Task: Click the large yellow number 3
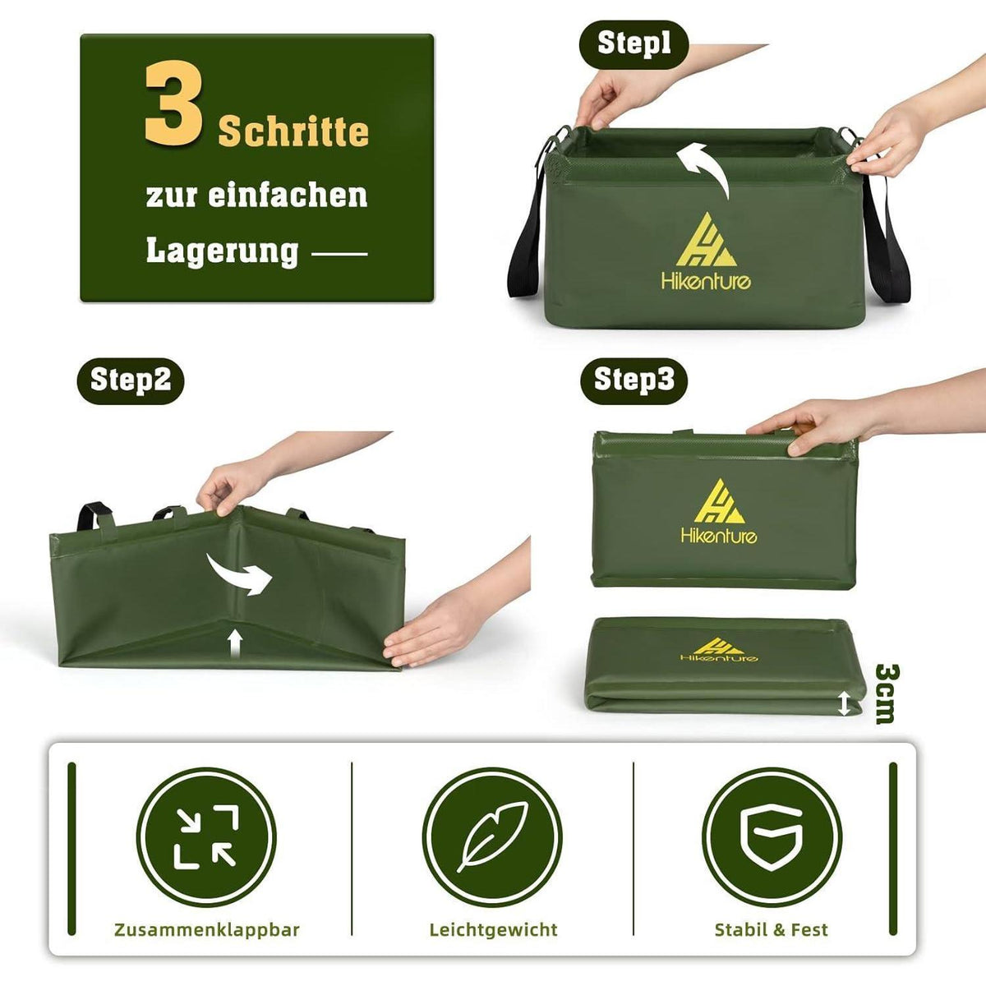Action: (x=173, y=105)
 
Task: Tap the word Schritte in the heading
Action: (x=293, y=132)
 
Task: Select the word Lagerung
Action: (x=222, y=251)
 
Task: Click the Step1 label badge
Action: (x=634, y=44)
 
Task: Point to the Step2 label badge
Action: (x=131, y=380)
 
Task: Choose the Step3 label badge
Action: (x=634, y=380)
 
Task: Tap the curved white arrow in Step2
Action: (x=238, y=575)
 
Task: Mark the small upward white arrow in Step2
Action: (x=235, y=644)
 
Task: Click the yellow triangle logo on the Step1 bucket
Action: (x=707, y=241)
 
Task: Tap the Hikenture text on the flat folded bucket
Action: (x=719, y=657)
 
